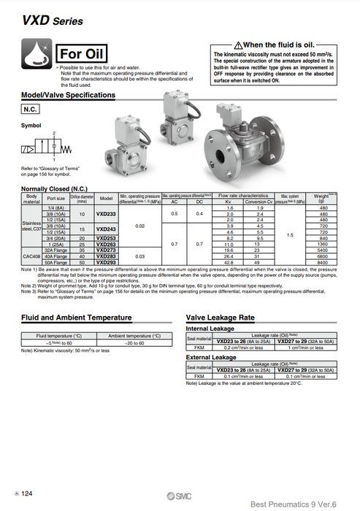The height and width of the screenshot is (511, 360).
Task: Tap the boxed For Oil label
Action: point(83,53)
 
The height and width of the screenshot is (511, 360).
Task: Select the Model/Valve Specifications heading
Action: point(68,95)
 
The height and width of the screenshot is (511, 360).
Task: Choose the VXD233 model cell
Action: point(106,214)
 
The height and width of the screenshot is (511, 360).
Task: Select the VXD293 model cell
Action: point(106,262)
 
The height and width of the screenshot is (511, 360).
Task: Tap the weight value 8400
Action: point(320,262)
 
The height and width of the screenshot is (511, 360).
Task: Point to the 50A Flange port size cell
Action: point(56,262)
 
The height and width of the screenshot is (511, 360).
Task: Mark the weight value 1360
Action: point(320,243)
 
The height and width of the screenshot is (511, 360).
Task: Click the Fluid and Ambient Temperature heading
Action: point(77,318)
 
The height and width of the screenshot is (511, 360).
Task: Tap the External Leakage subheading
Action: point(211,357)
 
